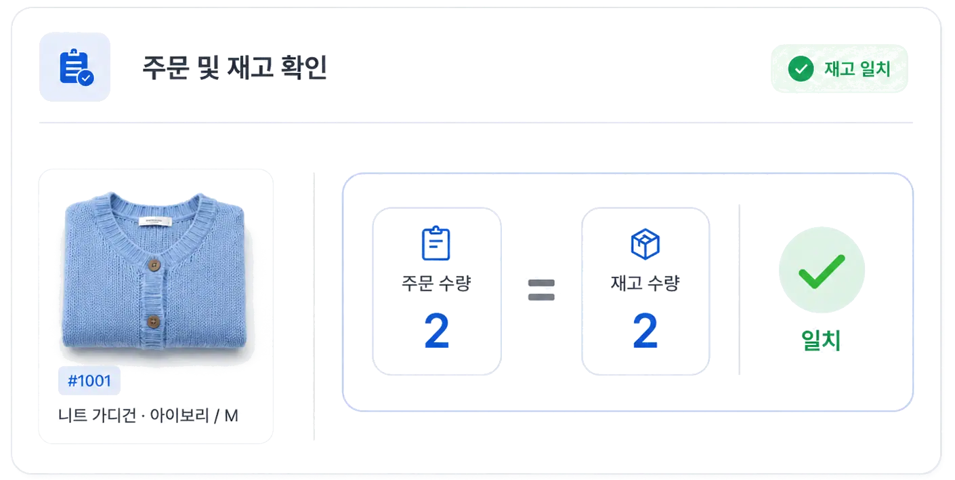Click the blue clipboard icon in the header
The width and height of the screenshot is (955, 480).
coord(76,67)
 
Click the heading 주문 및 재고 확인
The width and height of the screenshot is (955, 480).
coord(234,67)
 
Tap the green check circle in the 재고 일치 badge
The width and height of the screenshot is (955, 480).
coord(801,68)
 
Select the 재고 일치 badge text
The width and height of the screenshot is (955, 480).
coord(857,68)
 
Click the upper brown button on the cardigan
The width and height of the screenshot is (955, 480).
coord(154,265)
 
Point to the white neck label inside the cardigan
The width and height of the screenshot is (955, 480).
coord(155,221)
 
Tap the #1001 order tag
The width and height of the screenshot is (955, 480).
coord(89,380)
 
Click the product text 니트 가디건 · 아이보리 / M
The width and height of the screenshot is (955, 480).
coord(148,415)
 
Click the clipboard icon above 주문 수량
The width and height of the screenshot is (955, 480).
coord(436,243)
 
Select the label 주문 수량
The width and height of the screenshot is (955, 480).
coord(436,283)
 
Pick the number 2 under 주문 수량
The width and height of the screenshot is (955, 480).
coord(437,330)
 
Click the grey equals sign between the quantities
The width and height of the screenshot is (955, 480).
coord(541,289)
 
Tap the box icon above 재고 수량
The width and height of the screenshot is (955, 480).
coord(645,244)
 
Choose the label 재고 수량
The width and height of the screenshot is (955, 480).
coord(645,283)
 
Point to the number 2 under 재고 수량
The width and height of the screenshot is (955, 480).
coord(645,330)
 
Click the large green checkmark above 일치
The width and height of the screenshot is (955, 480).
coord(822,272)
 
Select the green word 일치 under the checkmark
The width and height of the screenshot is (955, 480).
coord(821,340)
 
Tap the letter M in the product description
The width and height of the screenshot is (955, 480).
coord(231,416)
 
